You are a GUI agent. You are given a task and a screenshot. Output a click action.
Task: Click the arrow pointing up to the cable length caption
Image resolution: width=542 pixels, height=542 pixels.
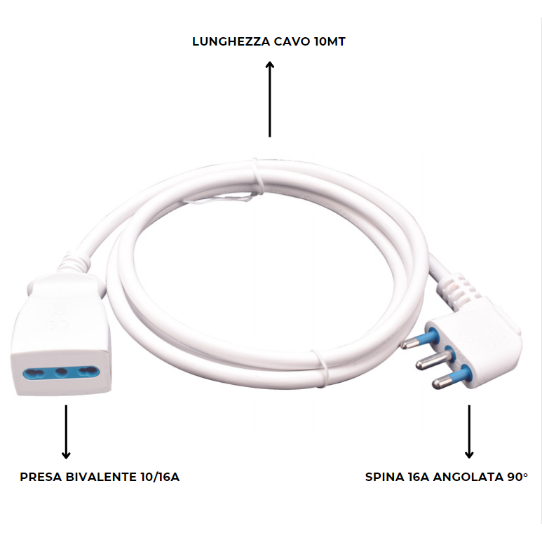click(270, 99)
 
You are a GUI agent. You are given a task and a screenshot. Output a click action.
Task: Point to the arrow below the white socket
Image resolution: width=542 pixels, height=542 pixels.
click(67, 431)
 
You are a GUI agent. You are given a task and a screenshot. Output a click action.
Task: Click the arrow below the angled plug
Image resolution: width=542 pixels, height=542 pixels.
click(469, 431)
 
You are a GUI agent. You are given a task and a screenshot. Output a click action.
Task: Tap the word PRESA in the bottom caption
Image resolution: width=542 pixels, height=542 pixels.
click(41, 477)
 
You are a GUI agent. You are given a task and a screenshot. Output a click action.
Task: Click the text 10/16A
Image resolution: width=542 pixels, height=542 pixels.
click(161, 477)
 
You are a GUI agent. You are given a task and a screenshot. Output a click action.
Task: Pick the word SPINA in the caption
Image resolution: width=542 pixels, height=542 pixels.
click(384, 477)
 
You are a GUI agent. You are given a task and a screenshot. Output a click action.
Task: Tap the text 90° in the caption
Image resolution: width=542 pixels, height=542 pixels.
click(517, 477)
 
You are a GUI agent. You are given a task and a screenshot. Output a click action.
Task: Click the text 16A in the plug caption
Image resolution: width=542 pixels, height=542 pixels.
click(419, 477)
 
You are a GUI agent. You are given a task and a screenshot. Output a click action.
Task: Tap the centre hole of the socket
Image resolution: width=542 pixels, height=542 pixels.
click(61, 372)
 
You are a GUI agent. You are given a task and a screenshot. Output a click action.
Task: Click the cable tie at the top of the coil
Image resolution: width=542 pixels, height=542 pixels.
click(256, 176)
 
